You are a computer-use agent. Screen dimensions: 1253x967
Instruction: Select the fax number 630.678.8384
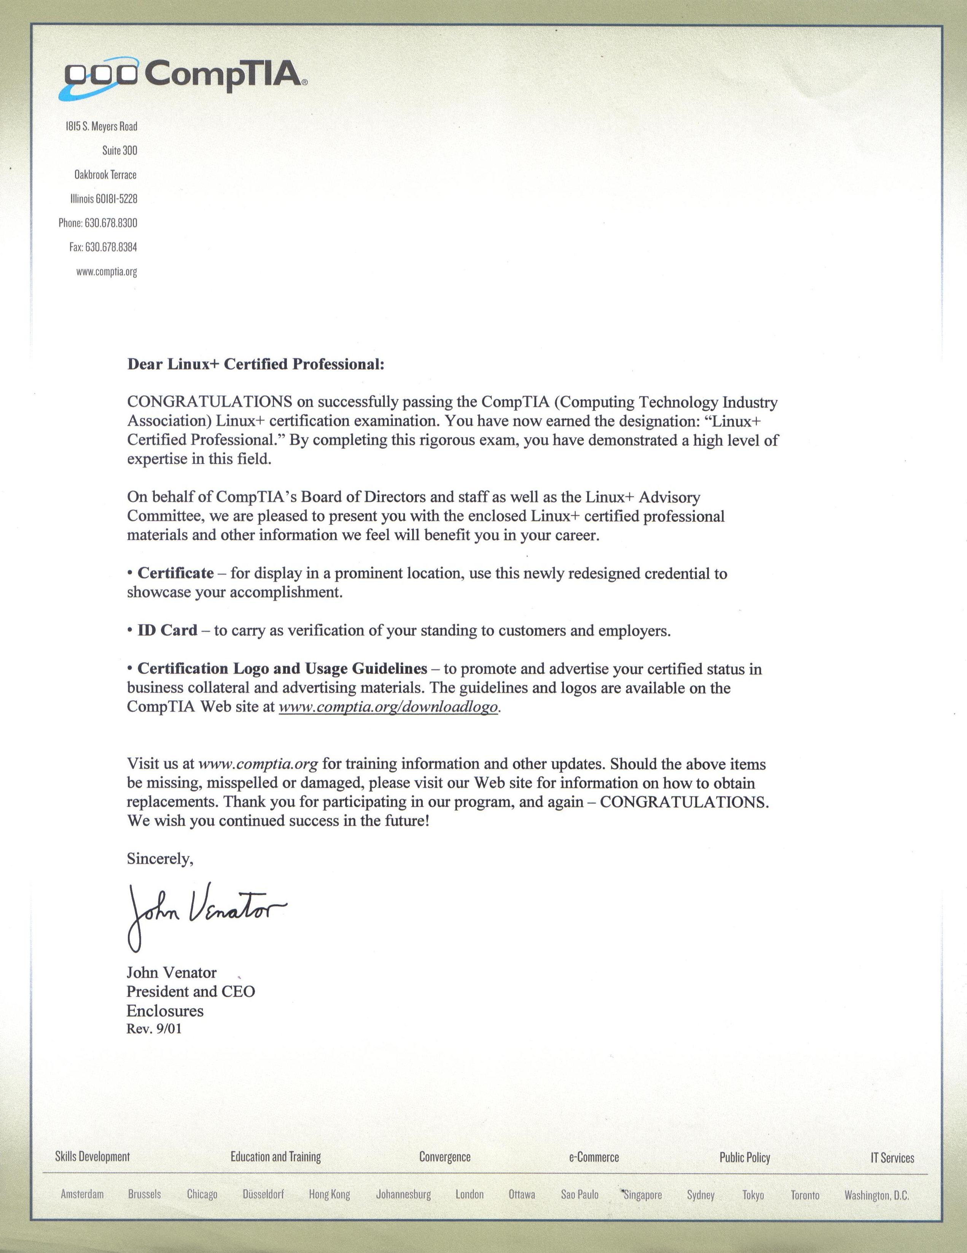coord(111,247)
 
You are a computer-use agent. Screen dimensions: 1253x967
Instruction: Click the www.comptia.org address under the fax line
coord(107,272)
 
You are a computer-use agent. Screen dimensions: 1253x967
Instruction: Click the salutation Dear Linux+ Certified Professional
coord(255,364)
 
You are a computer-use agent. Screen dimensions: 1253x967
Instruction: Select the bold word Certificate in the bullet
coord(175,573)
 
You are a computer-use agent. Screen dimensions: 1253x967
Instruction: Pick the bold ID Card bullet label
coord(167,630)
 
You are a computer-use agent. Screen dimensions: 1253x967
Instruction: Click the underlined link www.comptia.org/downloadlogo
coord(388,707)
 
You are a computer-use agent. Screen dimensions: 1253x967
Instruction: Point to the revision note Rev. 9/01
coord(154,1029)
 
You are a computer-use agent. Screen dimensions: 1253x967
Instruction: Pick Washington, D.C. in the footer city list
coord(876,1196)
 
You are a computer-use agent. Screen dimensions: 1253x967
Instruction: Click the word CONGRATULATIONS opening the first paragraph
coord(210,402)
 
